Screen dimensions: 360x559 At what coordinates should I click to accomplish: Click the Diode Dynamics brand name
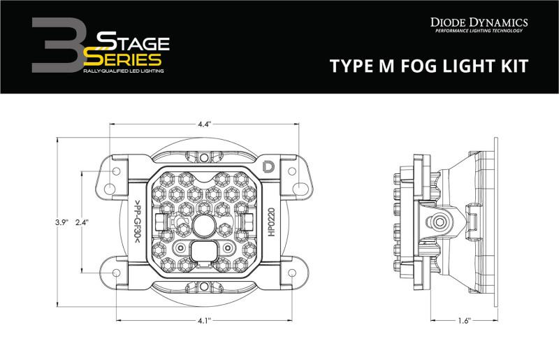(x=480, y=23)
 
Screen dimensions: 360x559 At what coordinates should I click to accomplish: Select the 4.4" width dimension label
(x=204, y=124)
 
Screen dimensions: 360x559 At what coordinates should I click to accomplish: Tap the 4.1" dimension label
(x=204, y=322)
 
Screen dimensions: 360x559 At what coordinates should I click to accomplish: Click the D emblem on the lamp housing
(x=268, y=166)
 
